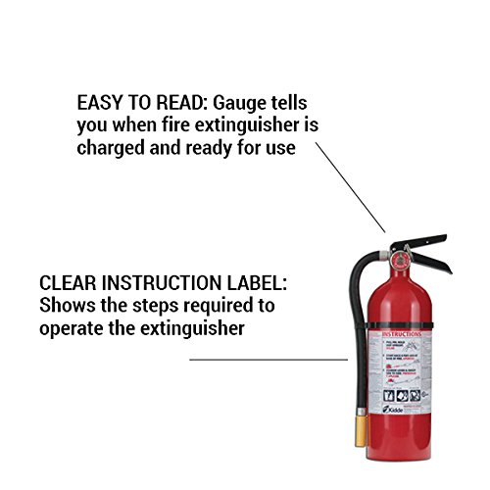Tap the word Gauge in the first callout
(234, 103)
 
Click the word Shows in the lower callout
(64, 306)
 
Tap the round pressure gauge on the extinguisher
(400, 258)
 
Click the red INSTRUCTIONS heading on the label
(401, 334)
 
